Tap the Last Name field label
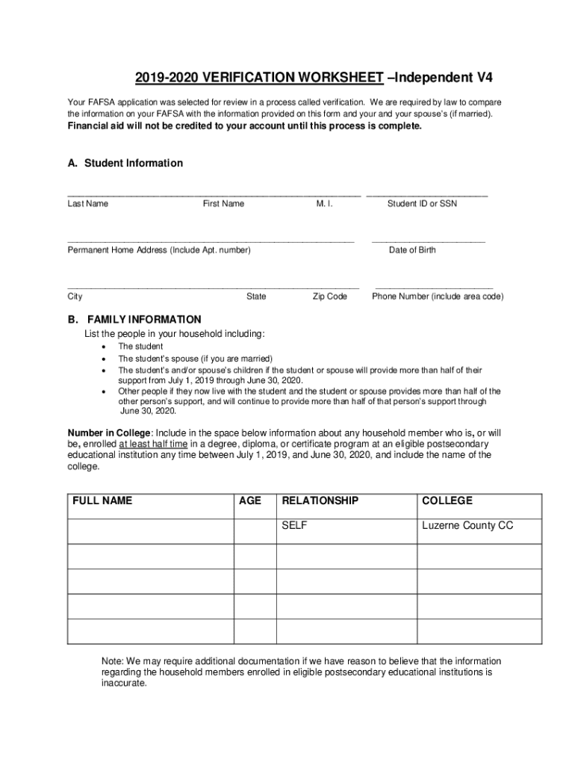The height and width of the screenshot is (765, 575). pos(87,203)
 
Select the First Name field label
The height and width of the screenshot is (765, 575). pos(223,203)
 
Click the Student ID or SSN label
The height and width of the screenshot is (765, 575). pos(422,203)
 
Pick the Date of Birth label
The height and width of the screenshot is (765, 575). pos(412,250)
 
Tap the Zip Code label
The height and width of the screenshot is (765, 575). pos(329,297)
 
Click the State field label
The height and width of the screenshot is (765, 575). pos(256,297)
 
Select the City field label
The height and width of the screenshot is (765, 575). pos(75,297)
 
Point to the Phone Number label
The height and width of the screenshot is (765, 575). pos(438,297)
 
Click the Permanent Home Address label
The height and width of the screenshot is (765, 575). pos(159,250)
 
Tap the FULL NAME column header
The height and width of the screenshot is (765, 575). pos(102,501)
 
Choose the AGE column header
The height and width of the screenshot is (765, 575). pos(249,501)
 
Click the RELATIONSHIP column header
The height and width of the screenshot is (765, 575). pos(320,501)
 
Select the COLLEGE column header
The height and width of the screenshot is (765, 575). pos(447,501)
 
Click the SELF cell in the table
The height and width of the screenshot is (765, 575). pos(294,526)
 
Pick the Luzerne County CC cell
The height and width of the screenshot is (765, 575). pos(467,526)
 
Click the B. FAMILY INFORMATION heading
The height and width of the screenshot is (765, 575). pos(134,319)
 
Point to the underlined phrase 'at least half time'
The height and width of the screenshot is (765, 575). pos(153,443)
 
